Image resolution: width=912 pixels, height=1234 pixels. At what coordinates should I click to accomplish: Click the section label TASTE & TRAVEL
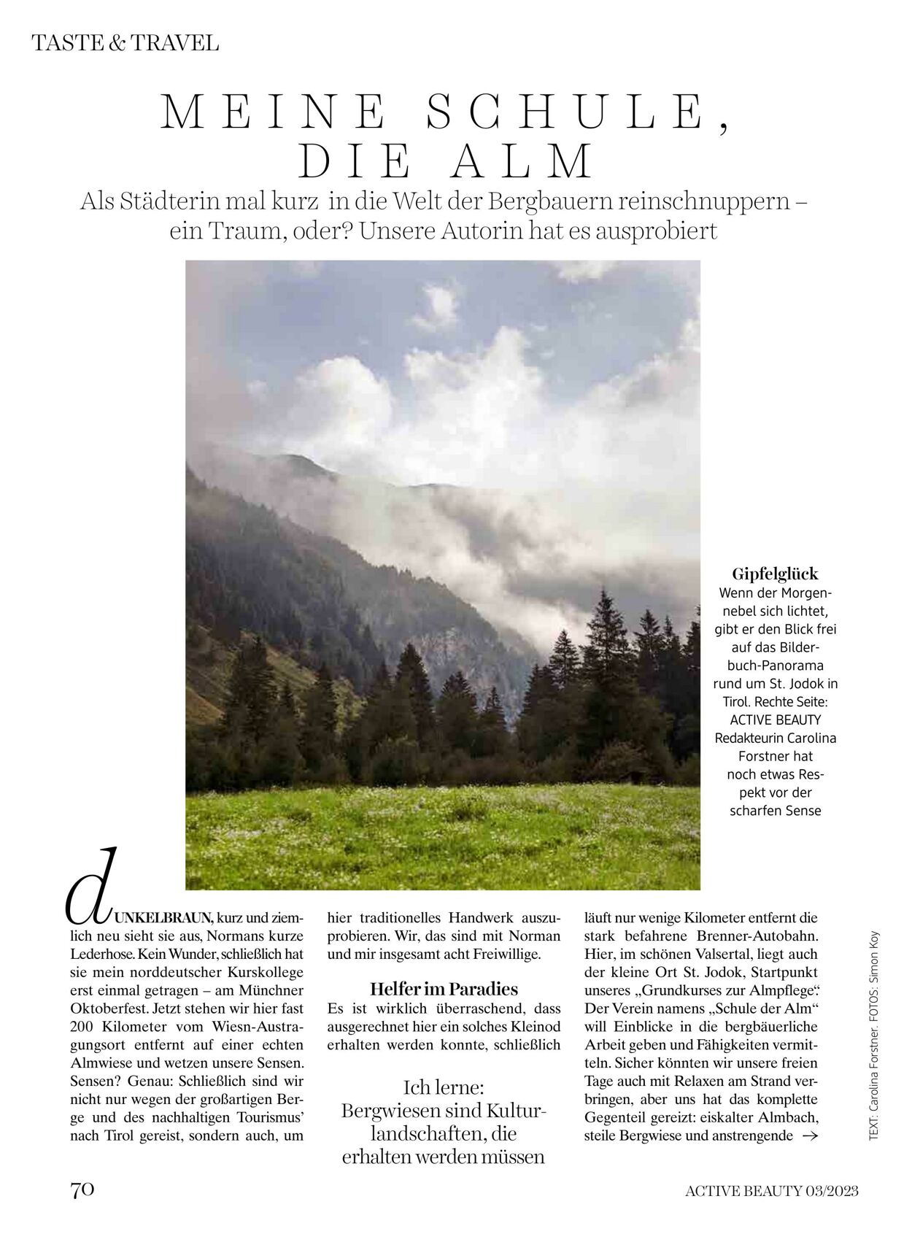[x=125, y=43]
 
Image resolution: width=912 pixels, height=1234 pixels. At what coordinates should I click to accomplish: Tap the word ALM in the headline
[x=522, y=162]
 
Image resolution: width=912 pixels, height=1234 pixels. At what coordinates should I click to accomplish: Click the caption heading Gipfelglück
[x=775, y=574]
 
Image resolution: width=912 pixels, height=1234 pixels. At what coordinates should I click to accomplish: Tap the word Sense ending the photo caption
[x=804, y=811]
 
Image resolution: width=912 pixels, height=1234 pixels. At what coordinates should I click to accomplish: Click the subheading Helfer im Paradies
[x=444, y=990]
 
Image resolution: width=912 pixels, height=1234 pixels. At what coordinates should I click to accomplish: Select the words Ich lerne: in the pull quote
[x=444, y=1087]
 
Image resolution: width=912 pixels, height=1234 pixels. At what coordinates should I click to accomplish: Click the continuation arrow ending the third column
[x=809, y=1135]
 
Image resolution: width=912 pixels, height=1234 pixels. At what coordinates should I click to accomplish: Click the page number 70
[x=82, y=1189]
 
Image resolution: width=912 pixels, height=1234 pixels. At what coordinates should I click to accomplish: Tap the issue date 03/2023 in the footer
[x=832, y=1192]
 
